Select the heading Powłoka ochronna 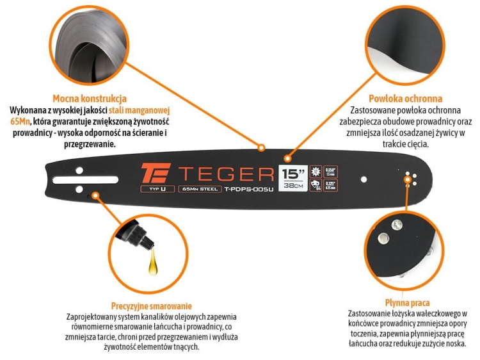(x=405, y=99)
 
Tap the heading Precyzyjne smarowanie (x=151, y=306)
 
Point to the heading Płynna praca (x=408, y=302)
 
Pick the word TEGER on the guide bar (x=225, y=174)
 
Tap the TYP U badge (x=154, y=190)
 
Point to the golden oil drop (x=153, y=263)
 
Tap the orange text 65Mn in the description (x=20, y=120)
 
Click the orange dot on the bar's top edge (x=261, y=148)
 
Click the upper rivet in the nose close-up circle (x=383, y=238)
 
